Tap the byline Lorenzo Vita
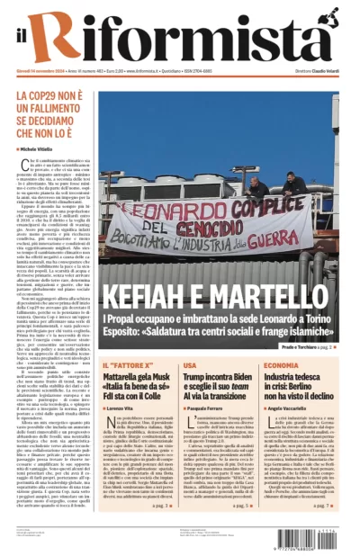[x=121, y=408]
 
